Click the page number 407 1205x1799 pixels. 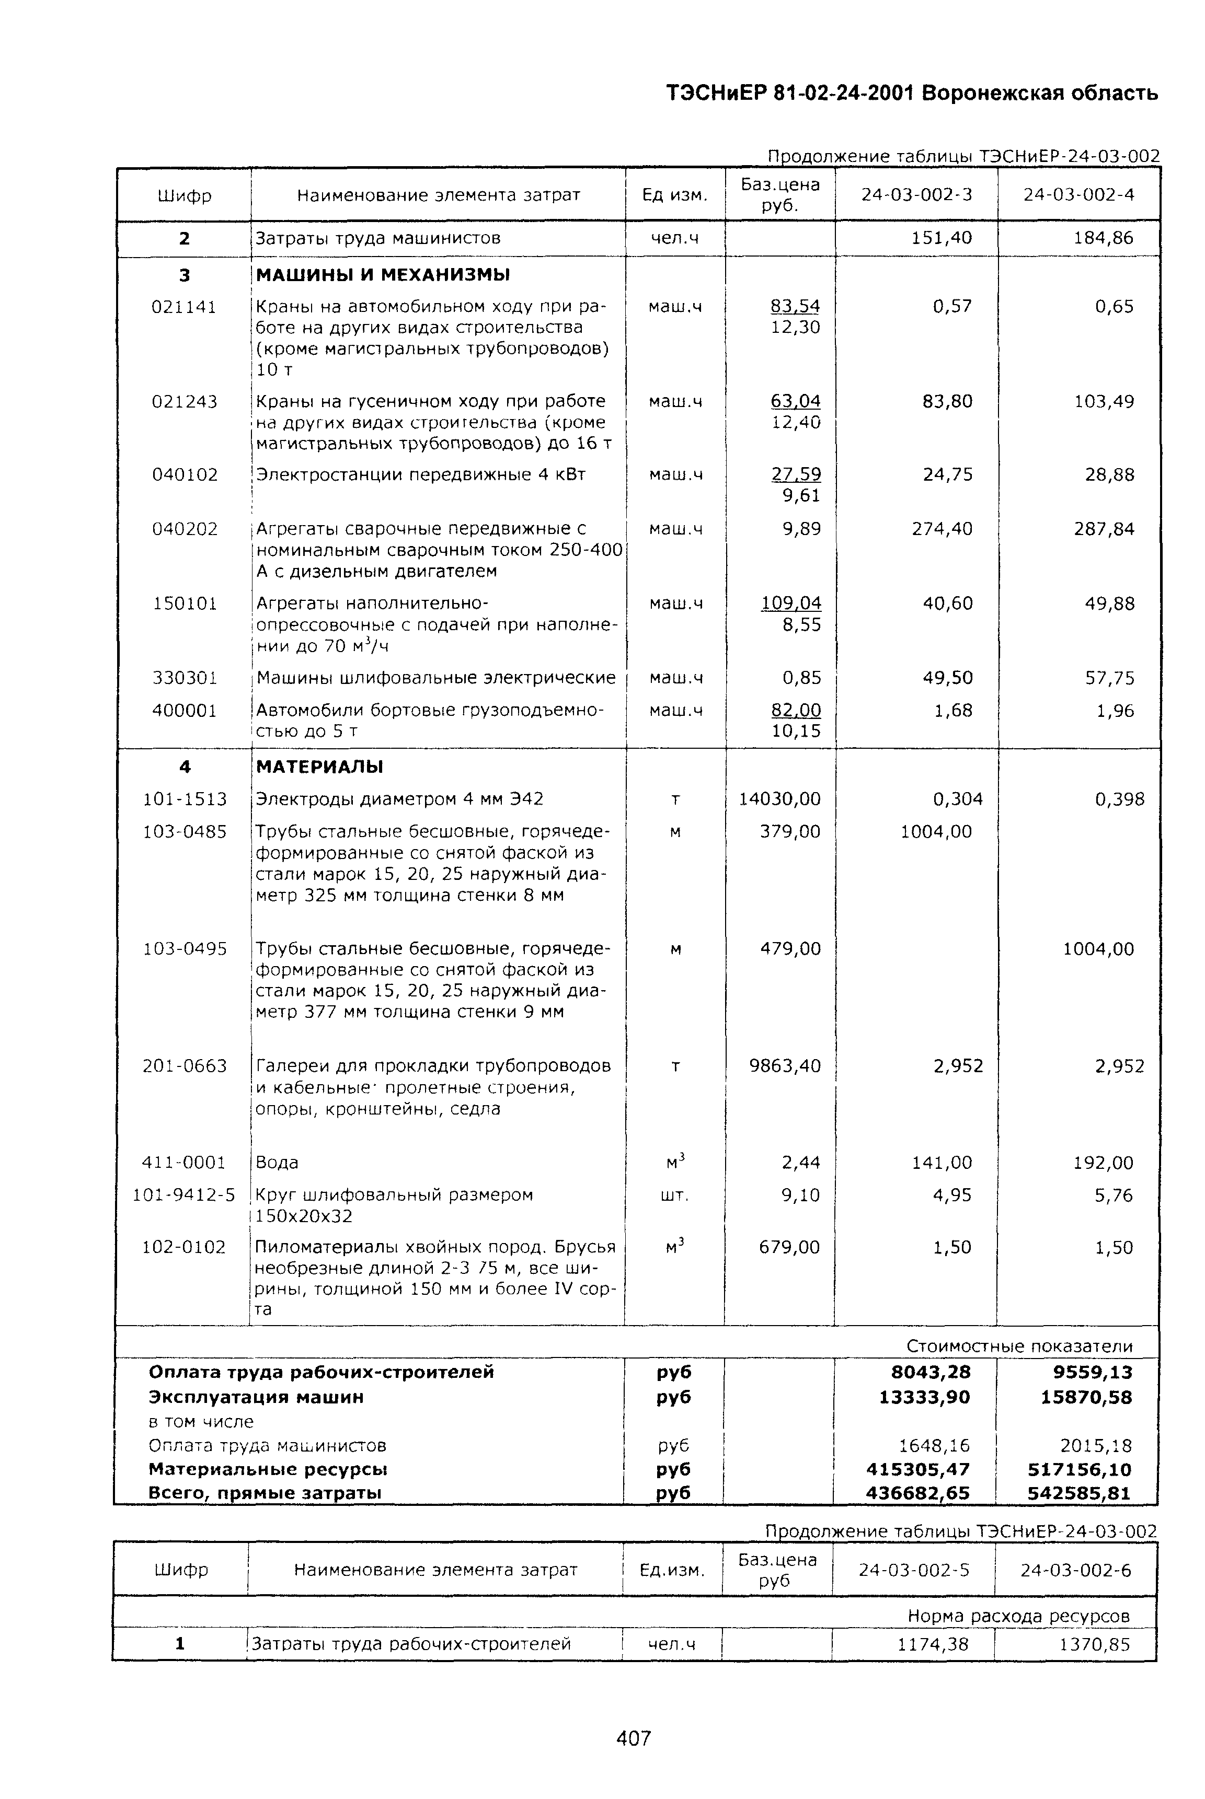(633, 1737)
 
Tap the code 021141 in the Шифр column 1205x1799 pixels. (185, 307)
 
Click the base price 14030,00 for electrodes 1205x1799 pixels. (779, 799)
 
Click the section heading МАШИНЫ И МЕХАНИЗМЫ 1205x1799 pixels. (383, 275)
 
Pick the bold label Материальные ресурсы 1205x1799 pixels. (268, 1469)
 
